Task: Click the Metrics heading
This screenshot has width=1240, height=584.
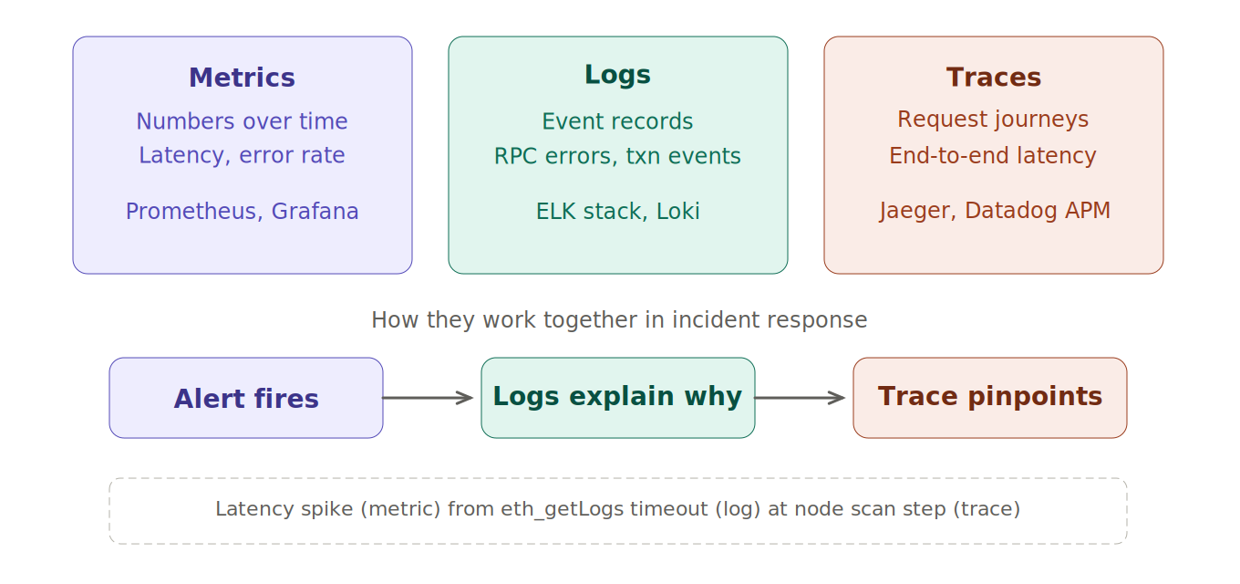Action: pos(242,78)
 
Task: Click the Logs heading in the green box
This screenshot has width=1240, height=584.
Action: pos(617,76)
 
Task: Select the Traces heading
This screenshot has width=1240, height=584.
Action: pos(993,78)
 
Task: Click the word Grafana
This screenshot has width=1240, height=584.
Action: pos(315,212)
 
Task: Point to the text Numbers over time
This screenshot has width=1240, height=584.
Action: pos(242,122)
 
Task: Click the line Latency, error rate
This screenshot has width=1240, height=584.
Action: pos(242,156)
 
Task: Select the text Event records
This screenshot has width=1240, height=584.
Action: pos(617,122)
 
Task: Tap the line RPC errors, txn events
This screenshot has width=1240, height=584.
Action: pos(617,157)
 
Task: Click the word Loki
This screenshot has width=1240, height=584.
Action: pos(677,212)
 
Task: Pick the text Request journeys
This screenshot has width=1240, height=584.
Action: pos(993,120)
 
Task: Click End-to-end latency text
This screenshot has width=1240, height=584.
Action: pos(993,156)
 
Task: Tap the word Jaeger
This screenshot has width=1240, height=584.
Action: pos(917,212)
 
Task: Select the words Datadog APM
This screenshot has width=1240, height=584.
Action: pos(1038,212)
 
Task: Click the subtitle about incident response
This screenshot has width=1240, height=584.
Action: pos(619,321)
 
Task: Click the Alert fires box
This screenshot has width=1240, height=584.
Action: pos(246,399)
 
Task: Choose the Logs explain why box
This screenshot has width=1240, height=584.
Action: pos(617,398)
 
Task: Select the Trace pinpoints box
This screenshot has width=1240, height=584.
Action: pos(990,398)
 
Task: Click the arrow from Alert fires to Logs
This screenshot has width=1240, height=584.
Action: pos(427,398)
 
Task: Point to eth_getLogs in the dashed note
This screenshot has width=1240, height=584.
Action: pos(550,509)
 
